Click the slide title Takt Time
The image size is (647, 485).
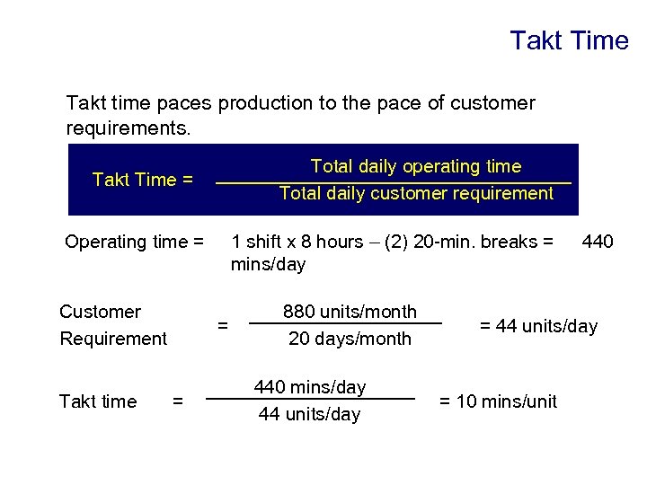tap(569, 41)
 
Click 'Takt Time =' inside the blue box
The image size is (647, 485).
tap(143, 180)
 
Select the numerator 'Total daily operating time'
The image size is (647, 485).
tap(415, 166)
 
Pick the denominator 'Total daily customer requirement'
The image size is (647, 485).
tap(416, 193)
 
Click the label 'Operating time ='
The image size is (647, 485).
tap(135, 242)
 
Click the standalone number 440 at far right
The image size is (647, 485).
tap(598, 242)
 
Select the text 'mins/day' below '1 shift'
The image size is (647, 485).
tap(268, 265)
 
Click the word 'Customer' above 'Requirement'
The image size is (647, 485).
tap(100, 312)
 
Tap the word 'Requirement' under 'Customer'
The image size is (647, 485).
tap(113, 339)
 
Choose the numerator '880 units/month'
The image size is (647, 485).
tap(350, 312)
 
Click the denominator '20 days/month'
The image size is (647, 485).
tap(350, 339)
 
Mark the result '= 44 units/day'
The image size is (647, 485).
tap(537, 326)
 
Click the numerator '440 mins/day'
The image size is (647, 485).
tap(310, 387)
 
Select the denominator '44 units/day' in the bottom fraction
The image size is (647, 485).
tap(310, 414)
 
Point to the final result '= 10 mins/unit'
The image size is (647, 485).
tap(497, 401)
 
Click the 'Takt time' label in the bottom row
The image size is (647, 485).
tap(98, 401)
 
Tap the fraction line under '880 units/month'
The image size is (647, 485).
tap(346, 323)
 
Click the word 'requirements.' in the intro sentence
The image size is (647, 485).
tap(129, 128)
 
